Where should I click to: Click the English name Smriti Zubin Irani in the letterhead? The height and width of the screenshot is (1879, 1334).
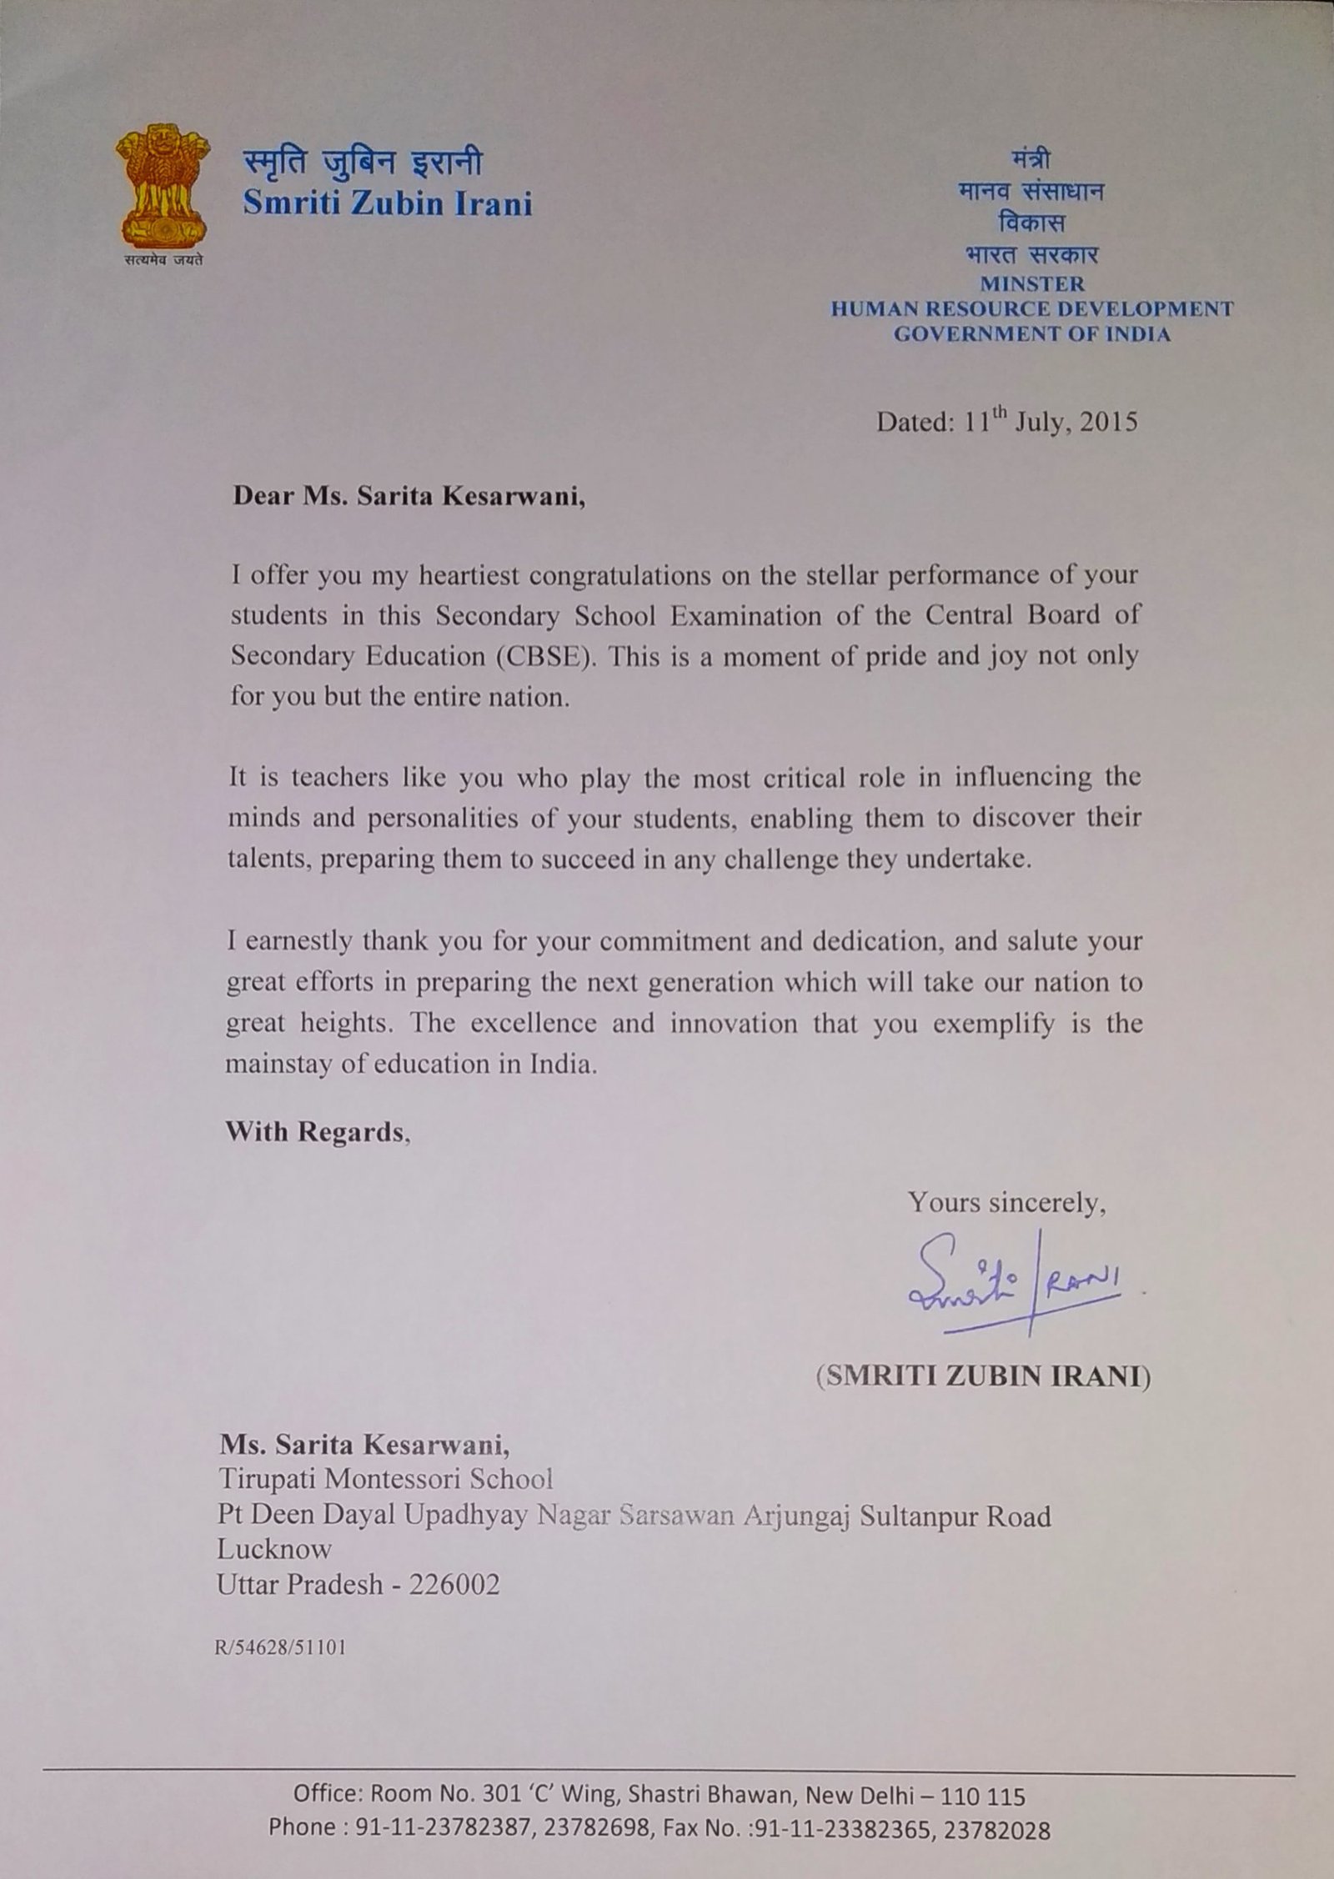(387, 203)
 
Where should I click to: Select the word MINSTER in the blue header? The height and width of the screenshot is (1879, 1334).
(1032, 283)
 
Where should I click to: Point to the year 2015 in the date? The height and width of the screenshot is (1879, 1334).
(1108, 422)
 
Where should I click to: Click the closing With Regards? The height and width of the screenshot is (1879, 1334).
(317, 1132)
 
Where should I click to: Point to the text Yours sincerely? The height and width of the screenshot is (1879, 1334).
(1007, 1203)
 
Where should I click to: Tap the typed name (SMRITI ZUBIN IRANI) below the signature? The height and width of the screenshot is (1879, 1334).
(983, 1376)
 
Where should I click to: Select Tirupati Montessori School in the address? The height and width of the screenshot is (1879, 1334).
(385, 1479)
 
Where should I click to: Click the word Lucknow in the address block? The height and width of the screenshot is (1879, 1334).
(274, 1548)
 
